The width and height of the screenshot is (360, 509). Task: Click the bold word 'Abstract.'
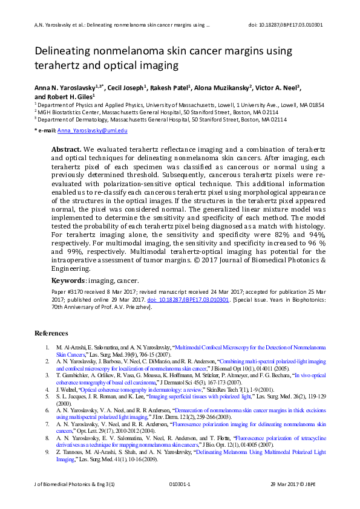[65, 149]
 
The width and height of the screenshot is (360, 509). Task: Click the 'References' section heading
[51, 333]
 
